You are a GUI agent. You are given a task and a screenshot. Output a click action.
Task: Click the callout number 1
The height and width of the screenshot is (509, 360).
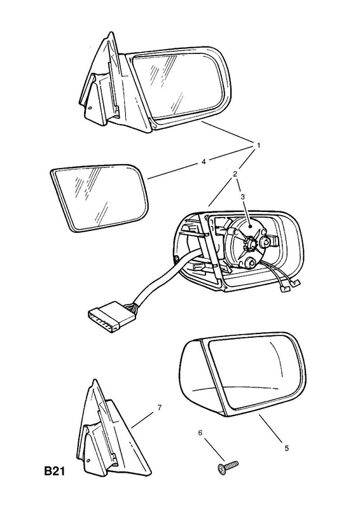point(259,146)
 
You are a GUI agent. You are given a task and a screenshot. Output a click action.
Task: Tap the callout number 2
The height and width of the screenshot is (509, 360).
point(235,174)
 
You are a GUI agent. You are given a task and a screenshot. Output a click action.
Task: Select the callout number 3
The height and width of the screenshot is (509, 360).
point(242,197)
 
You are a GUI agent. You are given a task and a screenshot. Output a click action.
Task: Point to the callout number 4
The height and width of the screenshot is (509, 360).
point(204,162)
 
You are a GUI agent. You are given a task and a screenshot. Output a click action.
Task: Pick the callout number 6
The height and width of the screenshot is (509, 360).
point(200,433)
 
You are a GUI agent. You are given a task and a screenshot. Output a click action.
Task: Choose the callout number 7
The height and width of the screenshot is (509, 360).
point(160,408)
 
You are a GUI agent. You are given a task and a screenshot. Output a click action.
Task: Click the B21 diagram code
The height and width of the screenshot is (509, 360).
point(55,471)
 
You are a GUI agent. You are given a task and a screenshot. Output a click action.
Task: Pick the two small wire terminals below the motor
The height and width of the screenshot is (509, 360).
point(290,285)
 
